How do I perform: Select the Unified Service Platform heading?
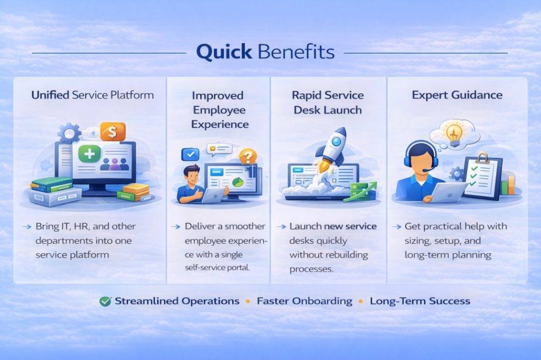pyautogui.click(x=92, y=96)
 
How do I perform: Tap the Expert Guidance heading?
pyautogui.click(x=458, y=96)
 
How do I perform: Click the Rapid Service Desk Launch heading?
pyautogui.click(x=327, y=103)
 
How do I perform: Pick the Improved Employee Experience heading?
pyautogui.click(x=218, y=110)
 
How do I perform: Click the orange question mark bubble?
pyautogui.click(x=247, y=156)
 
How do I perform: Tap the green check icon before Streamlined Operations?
pyautogui.click(x=105, y=301)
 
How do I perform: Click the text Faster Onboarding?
pyautogui.click(x=304, y=301)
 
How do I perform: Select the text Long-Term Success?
pyautogui.click(x=419, y=301)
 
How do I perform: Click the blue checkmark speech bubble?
pyautogui.click(x=189, y=154)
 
